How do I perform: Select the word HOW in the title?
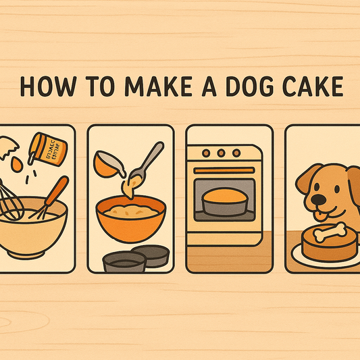[x=45, y=88]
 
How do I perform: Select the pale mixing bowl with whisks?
[x=34, y=233]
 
